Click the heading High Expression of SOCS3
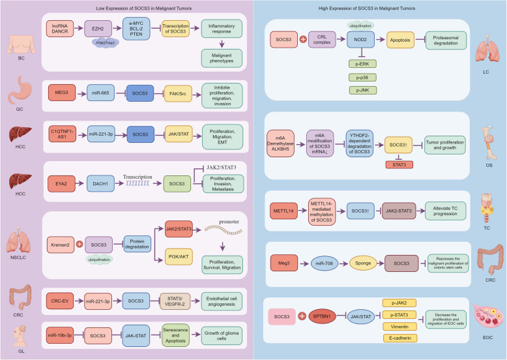[379, 7]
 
